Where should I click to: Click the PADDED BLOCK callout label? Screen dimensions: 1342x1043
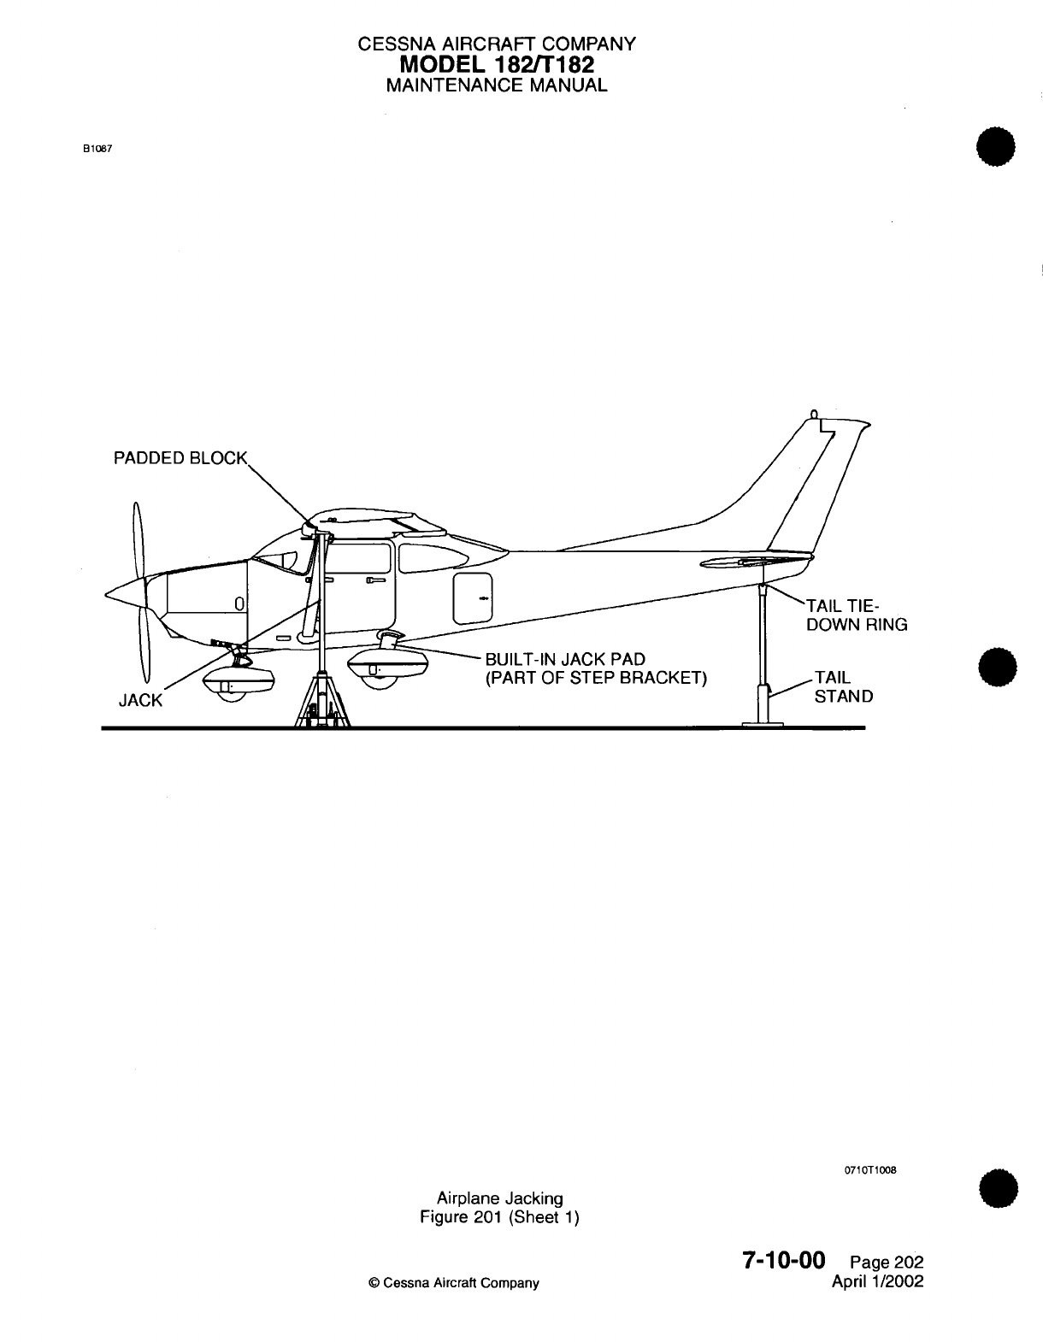tap(180, 458)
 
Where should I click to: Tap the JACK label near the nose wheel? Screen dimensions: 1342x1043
tap(140, 701)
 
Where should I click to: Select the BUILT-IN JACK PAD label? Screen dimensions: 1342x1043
tap(565, 660)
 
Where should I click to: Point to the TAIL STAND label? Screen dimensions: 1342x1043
tap(843, 687)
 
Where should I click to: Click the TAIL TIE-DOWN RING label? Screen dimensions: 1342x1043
tap(856, 615)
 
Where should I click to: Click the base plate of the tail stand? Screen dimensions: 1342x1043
tap(762, 725)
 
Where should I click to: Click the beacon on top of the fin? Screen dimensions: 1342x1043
tap(814, 415)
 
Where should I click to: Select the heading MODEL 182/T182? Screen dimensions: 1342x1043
tap(496, 65)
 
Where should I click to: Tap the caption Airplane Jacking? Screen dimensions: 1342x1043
tap(499, 1198)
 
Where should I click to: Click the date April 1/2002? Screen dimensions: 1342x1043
tap(878, 1281)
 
